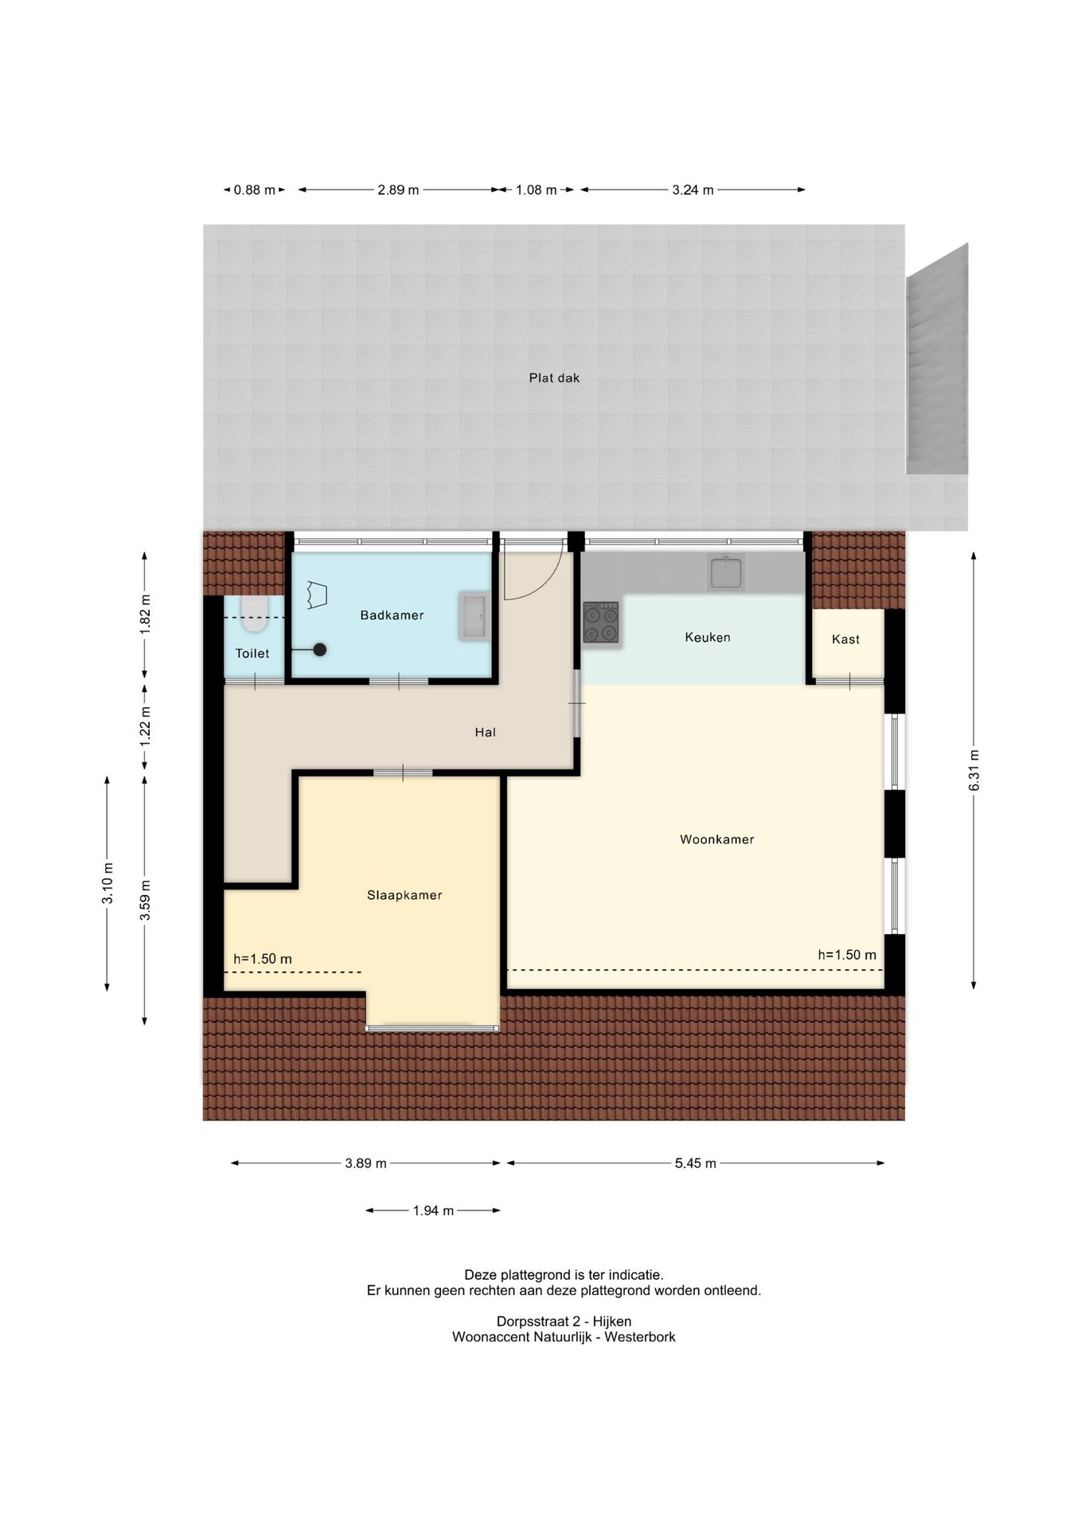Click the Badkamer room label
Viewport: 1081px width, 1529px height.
click(x=392, y=615)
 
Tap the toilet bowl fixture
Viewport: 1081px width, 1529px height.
click(x=254, y=615)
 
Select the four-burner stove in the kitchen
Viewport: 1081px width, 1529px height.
click(x=601, y=622)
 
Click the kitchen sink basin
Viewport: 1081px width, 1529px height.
click(x=726, y=573)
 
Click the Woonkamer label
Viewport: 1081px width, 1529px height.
click(x=716, y=839)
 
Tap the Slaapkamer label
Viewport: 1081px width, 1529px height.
click(x=404, y=895)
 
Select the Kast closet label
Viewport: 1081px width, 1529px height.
click(x=845, y=639)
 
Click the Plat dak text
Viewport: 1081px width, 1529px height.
click(x=554, y=377)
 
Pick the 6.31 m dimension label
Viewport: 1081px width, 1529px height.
click(x=974, y=770)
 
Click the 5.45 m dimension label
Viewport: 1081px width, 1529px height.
click(x=696, y=1163)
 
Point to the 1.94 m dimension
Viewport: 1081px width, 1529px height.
click(x=433, y=1210)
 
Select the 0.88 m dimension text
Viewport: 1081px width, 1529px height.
click(x=255, y=190)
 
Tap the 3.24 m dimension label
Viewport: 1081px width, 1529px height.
click(x=693, y=190)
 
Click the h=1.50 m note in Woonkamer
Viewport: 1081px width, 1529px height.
click(x=847, y=955)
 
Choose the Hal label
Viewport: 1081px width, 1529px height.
click(x=485, y=732)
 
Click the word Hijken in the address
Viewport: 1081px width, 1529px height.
click(x=611, y=1321)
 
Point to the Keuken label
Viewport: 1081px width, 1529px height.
click(x=708, y=637)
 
